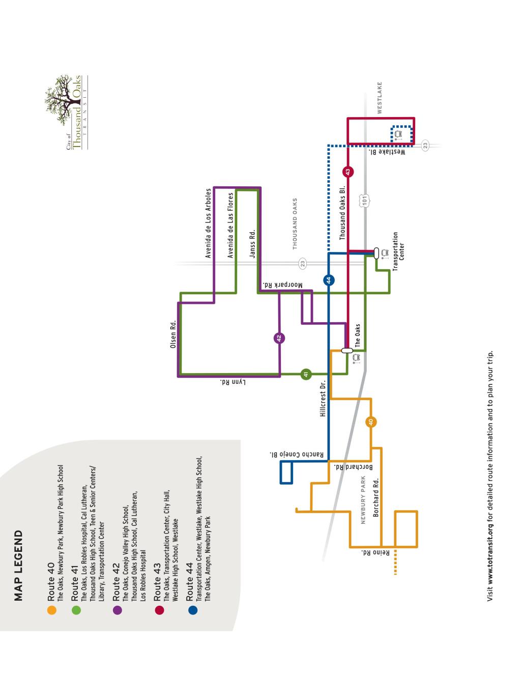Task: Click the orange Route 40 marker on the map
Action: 371,422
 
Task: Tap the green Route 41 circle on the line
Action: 306,374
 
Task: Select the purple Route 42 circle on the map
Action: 279,338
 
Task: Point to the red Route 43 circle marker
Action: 348,172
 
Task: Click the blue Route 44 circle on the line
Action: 329,279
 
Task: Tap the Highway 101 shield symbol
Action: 364,200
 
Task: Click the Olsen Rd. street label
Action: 173,334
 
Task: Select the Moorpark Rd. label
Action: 282,285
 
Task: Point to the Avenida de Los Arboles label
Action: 208,223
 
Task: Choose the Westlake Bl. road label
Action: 387,152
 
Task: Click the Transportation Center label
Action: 398,246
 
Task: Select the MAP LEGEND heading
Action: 19,565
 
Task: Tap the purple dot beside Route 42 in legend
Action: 117,610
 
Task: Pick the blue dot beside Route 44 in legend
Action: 192,609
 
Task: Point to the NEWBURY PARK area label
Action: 364,500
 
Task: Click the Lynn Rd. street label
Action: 233,382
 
